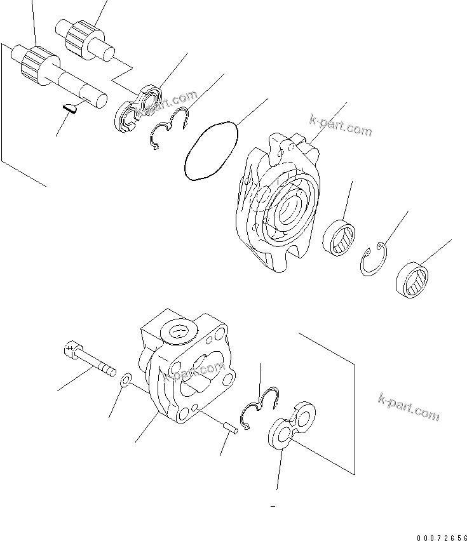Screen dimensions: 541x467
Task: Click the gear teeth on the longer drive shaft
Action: (34, 62)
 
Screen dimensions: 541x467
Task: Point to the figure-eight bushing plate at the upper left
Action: (140, 110)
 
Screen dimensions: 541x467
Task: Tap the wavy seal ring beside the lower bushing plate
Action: (260, 406)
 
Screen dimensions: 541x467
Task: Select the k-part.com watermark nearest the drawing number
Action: (409, 406)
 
